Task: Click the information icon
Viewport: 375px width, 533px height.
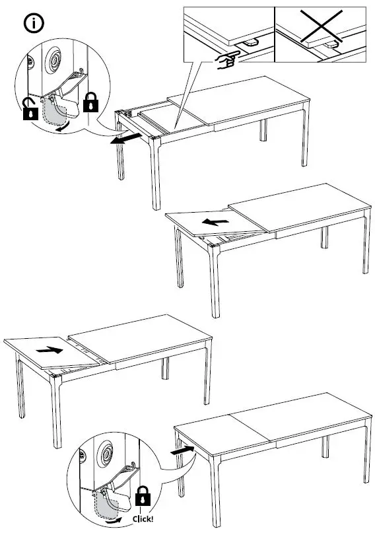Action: tap(34, 23)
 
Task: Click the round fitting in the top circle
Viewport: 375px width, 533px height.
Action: tap(54, 63)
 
